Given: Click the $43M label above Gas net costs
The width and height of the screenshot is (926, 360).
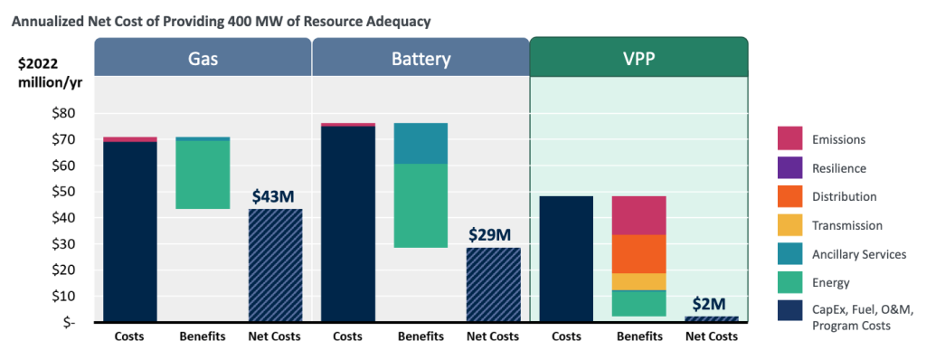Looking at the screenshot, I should point(275,195).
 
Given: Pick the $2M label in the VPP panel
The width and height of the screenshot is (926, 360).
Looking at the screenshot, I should point(711,304).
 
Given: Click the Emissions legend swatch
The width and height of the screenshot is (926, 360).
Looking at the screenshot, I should point(791,139).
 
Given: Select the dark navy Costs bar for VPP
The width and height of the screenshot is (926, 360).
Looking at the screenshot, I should point(566,259).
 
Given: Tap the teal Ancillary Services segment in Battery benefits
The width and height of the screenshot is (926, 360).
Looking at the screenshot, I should point(420,143).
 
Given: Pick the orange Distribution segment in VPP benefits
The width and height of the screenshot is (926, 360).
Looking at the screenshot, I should point(638,253).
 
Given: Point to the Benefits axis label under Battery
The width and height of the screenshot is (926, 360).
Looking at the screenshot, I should point(420,337).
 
